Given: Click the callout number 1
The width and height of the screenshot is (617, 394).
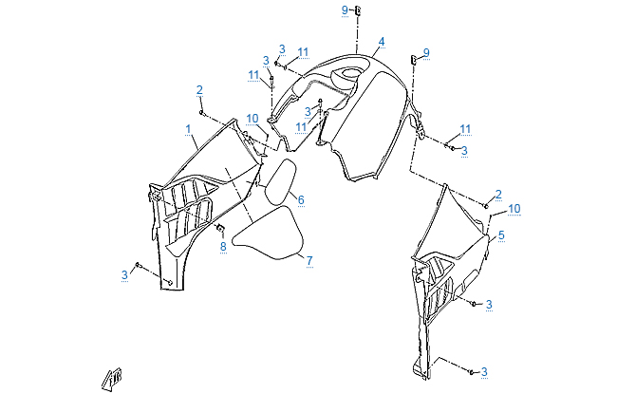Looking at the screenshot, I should pos(189,127).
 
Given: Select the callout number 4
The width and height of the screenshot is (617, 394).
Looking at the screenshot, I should pos(381,42).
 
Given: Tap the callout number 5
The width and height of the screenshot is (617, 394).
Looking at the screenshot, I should pos(501,235).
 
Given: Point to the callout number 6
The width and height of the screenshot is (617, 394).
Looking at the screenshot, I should pos(300,199).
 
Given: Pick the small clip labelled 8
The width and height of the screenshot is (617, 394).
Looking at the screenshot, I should pos(219,230).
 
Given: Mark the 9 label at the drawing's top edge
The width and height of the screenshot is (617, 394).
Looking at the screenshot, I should pos(345,9).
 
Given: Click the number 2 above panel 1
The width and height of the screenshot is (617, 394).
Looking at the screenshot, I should pos(199,89).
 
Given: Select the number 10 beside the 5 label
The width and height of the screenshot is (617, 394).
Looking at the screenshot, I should pos(514,208).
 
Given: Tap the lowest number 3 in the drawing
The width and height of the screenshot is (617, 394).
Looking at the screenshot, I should pos(483,371).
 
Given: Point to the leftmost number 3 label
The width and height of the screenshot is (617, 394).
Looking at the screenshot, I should pos(123,275).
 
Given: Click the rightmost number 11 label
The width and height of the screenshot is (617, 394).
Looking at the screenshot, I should pos(465,128).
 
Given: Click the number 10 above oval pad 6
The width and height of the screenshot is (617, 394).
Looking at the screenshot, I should pos(252,119).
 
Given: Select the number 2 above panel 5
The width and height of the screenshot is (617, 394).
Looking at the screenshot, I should pos(498,195).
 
